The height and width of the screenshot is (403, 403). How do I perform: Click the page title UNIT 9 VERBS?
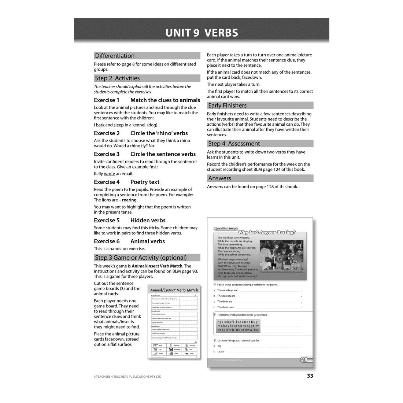pos(202,33)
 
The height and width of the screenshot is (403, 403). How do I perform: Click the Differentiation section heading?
pos(115,56)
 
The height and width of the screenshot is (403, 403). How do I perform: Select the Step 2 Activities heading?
pos(117,78)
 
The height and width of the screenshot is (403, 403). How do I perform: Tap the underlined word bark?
pos(100,125)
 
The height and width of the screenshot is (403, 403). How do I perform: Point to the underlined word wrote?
pos(109,174)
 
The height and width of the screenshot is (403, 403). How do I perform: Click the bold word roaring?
pos(129,200)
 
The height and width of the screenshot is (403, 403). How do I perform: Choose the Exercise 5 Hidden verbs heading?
pos(130,220)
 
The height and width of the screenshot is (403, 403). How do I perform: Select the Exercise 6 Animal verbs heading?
pos(129,241)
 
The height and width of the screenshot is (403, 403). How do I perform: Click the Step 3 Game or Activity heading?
pos(141,258)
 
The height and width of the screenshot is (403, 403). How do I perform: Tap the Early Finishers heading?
pos(228,106)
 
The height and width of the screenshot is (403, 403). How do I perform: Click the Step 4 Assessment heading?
pos(234,144)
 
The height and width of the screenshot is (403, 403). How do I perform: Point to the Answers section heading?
pos(220,178)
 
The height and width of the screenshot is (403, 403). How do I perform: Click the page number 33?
pos(310,376)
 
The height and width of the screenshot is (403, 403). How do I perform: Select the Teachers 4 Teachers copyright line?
pos(127,377)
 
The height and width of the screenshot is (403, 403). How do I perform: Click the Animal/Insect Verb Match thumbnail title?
pos(174,290)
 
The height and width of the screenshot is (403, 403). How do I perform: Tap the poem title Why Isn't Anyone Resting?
pos(267,232)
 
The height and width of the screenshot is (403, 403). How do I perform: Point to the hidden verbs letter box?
pos(238,326)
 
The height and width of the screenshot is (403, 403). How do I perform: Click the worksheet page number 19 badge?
pos(304,360)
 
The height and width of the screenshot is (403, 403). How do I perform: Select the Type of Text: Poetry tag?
pos(225,229)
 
